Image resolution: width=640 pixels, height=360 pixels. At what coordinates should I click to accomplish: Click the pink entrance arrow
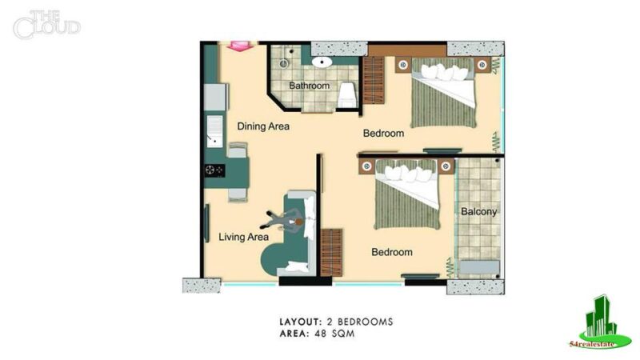point(240,46)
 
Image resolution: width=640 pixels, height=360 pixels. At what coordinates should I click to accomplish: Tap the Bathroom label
point(309,86)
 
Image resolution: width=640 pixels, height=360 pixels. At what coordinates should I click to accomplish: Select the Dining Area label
point(263,126)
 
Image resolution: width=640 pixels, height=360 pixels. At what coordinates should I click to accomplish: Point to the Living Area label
point(244,237)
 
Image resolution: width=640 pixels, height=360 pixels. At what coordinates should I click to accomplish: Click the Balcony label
point(478,211)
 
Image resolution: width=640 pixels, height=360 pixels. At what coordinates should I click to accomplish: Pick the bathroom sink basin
point(322,62)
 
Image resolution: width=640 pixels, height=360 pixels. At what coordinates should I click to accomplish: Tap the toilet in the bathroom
point(347,95)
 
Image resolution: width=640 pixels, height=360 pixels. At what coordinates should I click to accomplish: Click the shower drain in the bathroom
point(284,63)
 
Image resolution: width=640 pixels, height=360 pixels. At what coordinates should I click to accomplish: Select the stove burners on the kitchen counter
point(214,170)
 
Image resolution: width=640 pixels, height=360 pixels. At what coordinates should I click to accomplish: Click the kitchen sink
point(214,131)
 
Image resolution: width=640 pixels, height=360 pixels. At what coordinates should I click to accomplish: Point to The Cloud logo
point(46,26)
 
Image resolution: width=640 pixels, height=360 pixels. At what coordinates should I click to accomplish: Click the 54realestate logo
point(600,322)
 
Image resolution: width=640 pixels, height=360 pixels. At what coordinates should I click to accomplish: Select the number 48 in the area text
point(321,334)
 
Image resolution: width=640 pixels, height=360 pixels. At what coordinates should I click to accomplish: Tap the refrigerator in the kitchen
point(215,97)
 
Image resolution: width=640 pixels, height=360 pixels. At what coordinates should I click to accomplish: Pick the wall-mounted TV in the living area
point(207,223)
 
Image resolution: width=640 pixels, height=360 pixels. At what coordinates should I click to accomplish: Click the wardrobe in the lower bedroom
point(331,253)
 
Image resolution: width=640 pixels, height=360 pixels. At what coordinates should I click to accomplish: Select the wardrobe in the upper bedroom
point(374,81)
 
